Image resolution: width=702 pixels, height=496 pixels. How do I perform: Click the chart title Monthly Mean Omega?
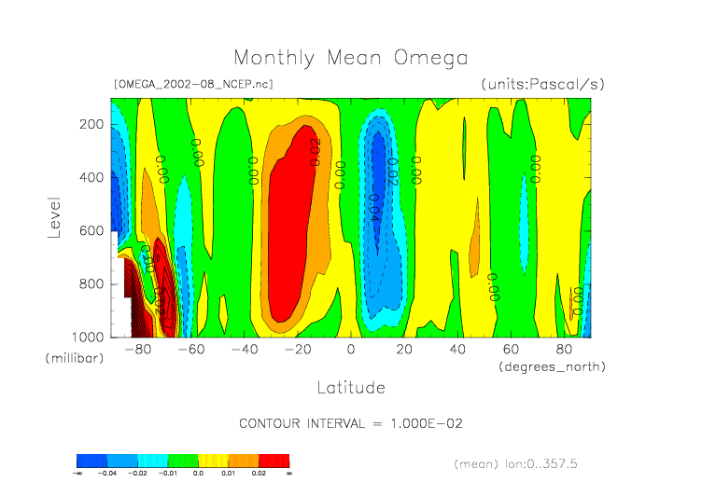point(351,59)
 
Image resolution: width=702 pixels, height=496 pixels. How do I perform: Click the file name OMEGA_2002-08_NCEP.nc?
point(193,84)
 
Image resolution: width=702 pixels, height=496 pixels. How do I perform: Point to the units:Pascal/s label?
point(543,84)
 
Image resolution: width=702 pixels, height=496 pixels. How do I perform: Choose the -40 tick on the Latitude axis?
point(245,350)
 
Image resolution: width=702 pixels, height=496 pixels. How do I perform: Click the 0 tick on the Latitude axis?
point(351,350)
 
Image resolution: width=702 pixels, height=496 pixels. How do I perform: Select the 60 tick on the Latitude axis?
point(511,350)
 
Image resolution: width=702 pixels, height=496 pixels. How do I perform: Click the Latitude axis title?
point(351,386)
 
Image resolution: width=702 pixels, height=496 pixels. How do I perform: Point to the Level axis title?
point(54,216)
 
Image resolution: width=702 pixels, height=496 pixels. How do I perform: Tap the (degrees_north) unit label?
point(552,367)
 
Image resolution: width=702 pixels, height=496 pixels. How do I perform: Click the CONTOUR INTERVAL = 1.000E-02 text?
point(351,423)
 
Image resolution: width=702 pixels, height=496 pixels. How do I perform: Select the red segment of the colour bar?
point(274,461)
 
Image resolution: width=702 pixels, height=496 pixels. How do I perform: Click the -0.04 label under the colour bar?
point(110,474)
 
